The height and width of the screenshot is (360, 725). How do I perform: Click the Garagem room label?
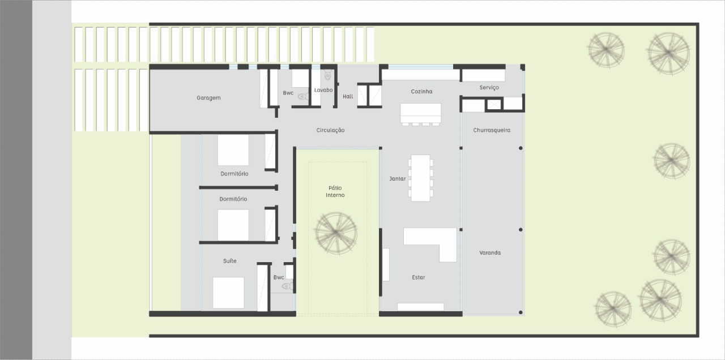pyautogui.click(x=208, y=98)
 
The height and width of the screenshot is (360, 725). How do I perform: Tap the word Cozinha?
pyautogui.click(x=421, y=92)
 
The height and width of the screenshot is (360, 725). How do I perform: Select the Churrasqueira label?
pyautogui.click(x=492, y=130)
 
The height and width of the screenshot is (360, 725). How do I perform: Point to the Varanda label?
pyautogui.click(x=490, y=252)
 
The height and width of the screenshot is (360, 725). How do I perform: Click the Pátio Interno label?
pyautogui.click(x=335, y=191)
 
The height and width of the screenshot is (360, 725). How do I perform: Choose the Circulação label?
pyautogui.click(x=330, y=130)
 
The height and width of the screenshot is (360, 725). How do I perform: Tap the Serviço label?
pyautogui.click(x=489, y=88)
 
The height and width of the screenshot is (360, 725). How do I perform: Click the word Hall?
pyautogui.click(x=348, y=96)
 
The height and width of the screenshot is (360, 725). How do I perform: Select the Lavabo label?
pyautogui.click(x=323, y=90)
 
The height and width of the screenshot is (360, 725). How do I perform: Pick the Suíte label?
pyautogui.click(x=229, y=261)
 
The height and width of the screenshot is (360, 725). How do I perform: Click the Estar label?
pyautogui.click(x=418, y=277)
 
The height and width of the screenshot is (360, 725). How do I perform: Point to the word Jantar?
pyautogui.click(x=397, y=178)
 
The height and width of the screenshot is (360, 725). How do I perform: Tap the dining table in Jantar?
pyautogui.click(x=420, y=178)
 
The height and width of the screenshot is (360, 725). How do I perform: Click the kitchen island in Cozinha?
pyautogui.click(x=420, y=113)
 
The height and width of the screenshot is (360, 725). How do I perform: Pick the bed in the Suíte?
pyautogui.click(x=228, y=293)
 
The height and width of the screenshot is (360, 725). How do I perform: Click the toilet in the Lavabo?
pyautogui.click(x=327, y=75)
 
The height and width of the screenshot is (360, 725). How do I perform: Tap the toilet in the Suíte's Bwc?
pyautogui.click(x=287, y=286)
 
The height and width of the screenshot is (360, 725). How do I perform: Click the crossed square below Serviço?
pyautogui.click(x=493, y=104)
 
